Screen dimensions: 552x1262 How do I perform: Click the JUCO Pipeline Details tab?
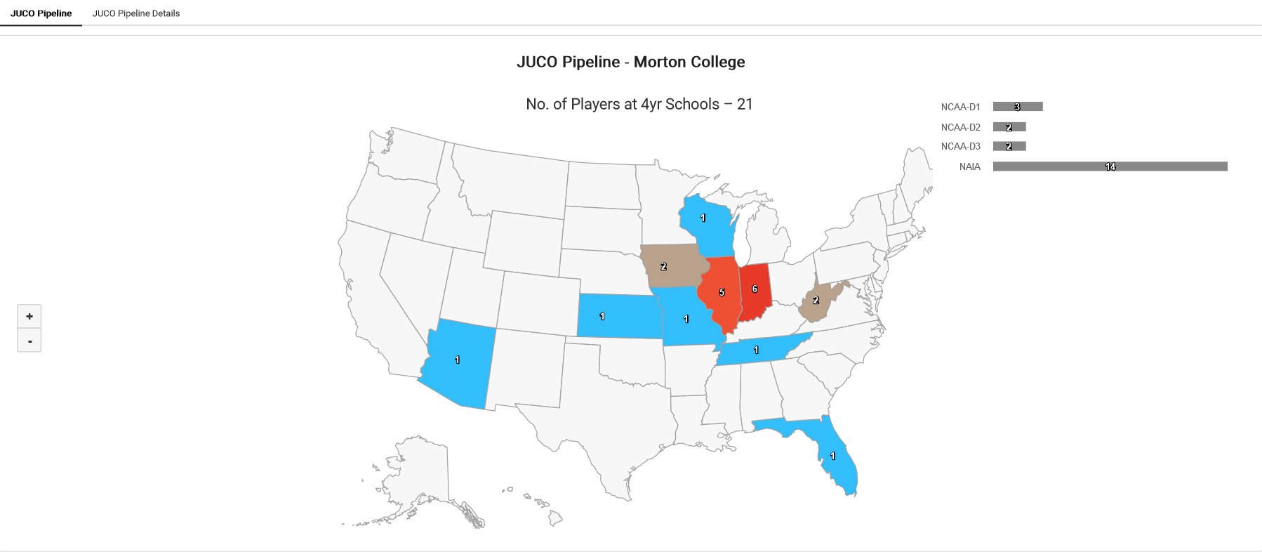click(135, 13)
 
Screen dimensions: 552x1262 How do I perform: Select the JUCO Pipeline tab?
click(41, 13)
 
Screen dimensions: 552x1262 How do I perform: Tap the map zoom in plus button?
click(29, 316)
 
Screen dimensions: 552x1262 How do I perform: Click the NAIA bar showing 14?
click(1110, 166)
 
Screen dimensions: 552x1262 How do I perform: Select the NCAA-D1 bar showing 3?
click(1018, 107)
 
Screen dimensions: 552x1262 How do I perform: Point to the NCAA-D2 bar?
click(1009, 127)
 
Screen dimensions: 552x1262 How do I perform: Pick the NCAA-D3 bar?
click(1009, 146)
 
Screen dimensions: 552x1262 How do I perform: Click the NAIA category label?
click(969, 167)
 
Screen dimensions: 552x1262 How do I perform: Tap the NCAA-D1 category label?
click(960, 107)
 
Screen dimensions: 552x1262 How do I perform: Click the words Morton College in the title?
click(689, 62)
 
